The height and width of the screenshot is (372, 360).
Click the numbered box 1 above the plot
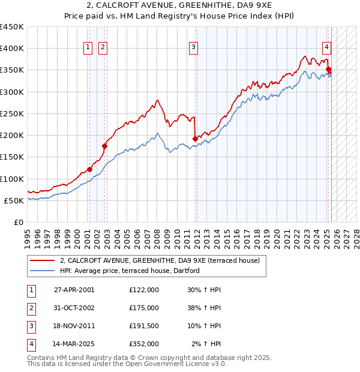88,47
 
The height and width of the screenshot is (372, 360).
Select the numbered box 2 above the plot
103,47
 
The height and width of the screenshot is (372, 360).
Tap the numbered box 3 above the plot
194,47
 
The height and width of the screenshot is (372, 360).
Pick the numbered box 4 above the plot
326,47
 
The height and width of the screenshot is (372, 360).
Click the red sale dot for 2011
195,139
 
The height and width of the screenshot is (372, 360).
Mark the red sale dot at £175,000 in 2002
104,146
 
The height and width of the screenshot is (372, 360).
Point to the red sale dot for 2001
89,169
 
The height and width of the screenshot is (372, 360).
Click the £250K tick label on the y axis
12,113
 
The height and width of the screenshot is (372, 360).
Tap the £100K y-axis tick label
12,179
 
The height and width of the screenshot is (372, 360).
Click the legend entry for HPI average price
128,271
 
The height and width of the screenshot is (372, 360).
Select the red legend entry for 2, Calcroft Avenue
160,260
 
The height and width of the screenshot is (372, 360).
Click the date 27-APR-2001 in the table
74,290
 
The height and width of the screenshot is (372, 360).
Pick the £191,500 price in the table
144,326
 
